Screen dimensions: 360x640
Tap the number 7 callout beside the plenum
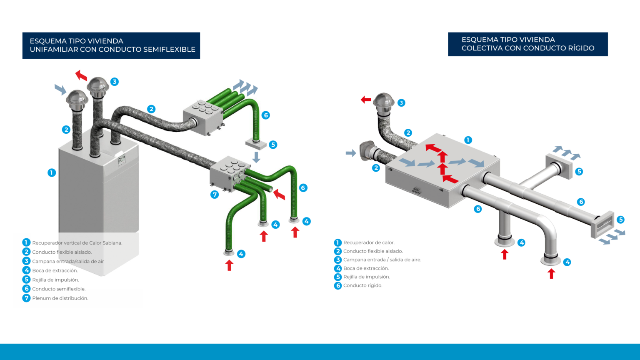point(215,194)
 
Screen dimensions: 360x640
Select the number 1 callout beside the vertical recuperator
point(52,172)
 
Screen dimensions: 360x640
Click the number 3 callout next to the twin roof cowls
point(115,82)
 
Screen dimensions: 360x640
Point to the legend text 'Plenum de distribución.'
point(60,298)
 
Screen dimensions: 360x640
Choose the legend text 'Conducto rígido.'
point(362,286)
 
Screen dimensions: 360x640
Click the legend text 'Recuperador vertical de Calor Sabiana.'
point(77,243)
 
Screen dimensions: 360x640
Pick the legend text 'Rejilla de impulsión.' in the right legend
point(366,277)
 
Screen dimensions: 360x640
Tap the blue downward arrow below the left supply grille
point(257,157)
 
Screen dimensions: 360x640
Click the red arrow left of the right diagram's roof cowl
point(366,100)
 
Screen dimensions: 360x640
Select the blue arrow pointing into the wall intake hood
point(351,153)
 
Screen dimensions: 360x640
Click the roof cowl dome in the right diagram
point(383,100)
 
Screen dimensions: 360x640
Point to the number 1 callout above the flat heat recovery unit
point(468,140)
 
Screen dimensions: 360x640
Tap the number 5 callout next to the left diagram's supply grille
point(273,145)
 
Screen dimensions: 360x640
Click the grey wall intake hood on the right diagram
point(366,150)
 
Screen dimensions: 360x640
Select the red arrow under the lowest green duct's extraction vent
point(229,265)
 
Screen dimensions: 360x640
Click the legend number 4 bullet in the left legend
point(27,270)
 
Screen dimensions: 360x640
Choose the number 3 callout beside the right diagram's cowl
point(401,103)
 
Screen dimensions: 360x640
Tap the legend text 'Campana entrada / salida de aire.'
point(382,260)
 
